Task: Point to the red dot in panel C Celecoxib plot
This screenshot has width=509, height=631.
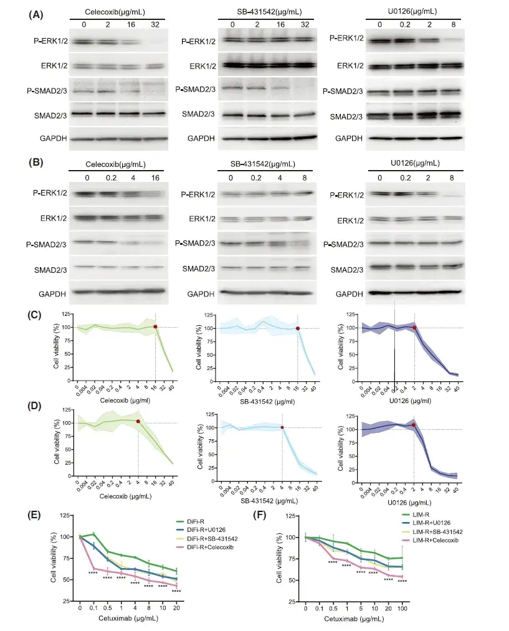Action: [155, 326]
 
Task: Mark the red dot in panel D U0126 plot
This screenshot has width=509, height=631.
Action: [414, 425]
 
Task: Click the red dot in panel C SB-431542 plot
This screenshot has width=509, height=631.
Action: [298, 328]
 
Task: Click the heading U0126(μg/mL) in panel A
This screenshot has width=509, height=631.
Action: [412, 11]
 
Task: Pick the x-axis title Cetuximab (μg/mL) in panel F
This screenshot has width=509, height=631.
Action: [349, 620]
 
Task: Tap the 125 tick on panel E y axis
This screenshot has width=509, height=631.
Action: [65, 515]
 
